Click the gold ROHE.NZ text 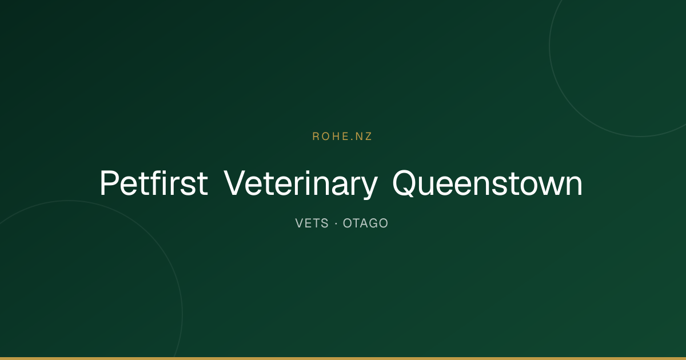(x=342, y=137)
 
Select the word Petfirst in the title (x=154, y=183)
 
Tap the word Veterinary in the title (x=301, y=184)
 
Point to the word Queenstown (x=487, y=183)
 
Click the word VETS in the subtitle (x=312, y=223)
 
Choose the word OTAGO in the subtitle (x=365, y=223)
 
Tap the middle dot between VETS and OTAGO (x=336, y=223)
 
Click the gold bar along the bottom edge (x=343, y=358)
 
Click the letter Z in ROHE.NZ (x=368, y=137)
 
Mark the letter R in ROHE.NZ (x=316, y=137)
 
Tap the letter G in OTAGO (x=373, y=223)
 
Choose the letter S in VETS (x=325, y=223)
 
